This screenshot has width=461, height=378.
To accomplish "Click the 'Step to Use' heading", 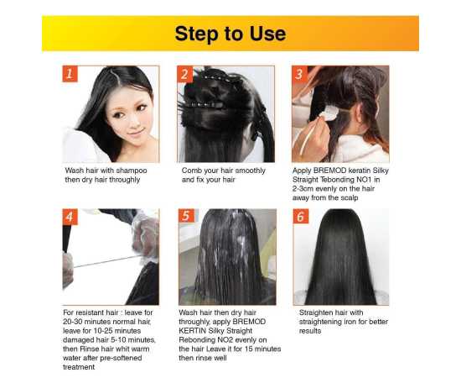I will pyautogui.click(x=230, y=34).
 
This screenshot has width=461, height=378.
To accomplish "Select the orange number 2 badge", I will pyautogui.click(x=185, y=74).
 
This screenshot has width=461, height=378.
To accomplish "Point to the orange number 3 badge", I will pyautogui.click(x=300, y=74).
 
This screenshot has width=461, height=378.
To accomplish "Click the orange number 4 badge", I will pyautogui.click(x=71, y=217).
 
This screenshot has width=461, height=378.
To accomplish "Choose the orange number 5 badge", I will pyautogui.click(x=186, y=217).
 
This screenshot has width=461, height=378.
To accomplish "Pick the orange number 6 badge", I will pyautogui.click(x=301, y=217).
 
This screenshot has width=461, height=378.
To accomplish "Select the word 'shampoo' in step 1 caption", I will pyautogui.click(x=130, y=170).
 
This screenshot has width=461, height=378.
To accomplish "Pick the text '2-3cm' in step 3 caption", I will pyautogui.click(x=307, y=190).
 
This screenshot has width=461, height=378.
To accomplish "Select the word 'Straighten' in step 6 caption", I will pyautogui.click(x=319, y=312).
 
